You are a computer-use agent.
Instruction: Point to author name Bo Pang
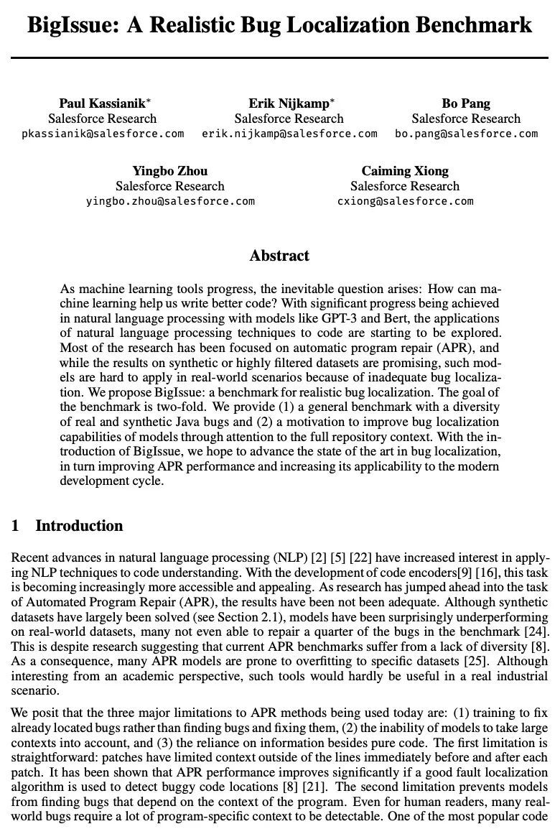point(466,103)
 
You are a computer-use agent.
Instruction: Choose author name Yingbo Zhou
point(170,171)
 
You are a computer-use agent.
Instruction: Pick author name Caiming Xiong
point(405,171)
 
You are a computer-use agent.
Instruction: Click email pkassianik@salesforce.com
point(103,134)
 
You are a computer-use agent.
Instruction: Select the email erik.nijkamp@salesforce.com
point(289,134)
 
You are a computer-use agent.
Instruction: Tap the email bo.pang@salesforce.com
point(466,134)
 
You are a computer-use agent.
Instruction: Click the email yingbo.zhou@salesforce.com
point(170,201)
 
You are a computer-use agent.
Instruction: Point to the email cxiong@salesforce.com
point(405,201)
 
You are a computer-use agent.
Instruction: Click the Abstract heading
point(279,256)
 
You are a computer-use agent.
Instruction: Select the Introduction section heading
point(79,526)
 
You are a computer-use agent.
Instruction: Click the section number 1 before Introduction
point(15,526)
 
